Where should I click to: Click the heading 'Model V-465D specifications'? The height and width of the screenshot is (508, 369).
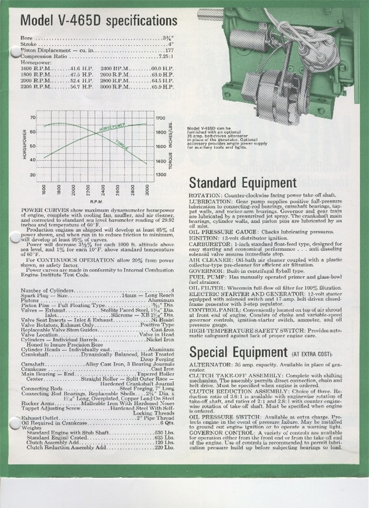(99, 20)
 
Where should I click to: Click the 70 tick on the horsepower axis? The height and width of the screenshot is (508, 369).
(32, 117)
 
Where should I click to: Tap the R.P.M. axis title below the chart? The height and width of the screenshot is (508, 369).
(96, 201)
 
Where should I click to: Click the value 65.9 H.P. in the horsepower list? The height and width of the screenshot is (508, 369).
(165, 87)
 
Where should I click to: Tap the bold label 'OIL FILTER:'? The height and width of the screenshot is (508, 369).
(205, 287)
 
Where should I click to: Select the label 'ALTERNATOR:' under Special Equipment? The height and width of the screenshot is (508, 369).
(208, 364)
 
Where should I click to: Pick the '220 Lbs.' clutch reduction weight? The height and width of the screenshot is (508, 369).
(165, 448)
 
